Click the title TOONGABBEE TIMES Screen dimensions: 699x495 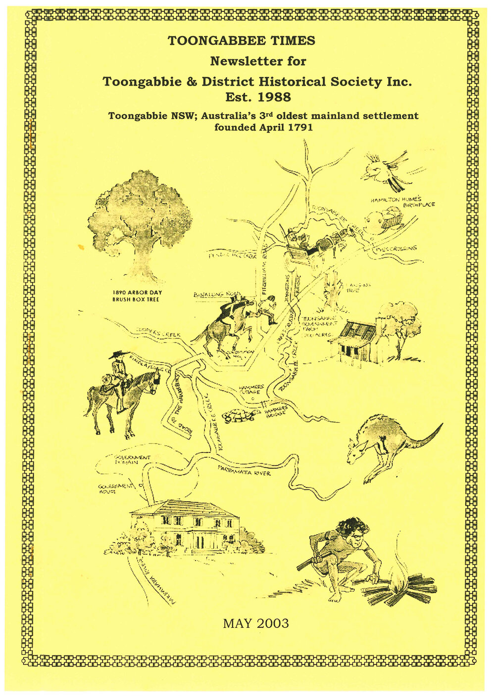[x=242, y=41]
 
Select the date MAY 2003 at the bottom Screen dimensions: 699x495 [x=255, y=623]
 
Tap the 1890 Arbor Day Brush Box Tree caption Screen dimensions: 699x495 [x=137, y=296]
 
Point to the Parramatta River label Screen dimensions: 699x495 [x=245, y=472]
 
